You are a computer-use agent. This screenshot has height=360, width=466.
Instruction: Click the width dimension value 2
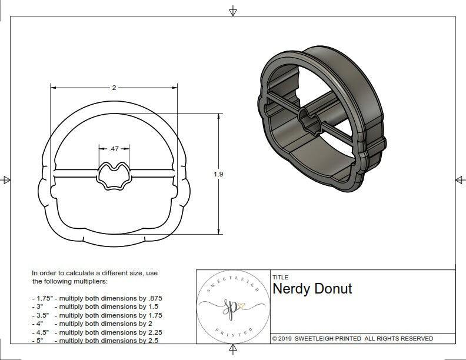[114, 88]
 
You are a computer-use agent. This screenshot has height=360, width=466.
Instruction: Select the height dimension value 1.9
[219, 174]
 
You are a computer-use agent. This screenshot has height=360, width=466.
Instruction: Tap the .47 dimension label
[114, 149]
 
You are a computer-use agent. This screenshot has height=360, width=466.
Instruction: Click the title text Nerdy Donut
[312, 289]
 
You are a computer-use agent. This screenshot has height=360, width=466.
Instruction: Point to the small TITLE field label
[280, 276]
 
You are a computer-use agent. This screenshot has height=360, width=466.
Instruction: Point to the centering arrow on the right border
[459, 179]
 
